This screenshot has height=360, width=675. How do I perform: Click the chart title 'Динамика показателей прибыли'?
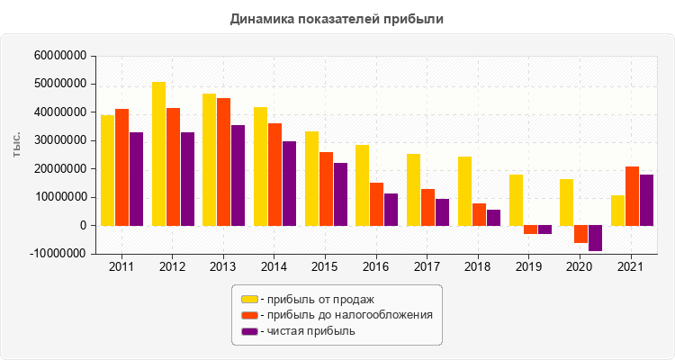(x=337, y=18)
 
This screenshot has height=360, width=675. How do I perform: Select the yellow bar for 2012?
(x=158, y=153)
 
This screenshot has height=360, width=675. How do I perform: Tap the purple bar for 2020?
(x=595, y=238)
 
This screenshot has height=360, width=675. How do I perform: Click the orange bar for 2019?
(x=530, y=229)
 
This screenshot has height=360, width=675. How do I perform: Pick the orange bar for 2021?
(x=632, y=195)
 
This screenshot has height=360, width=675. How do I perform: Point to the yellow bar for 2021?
(x=617, y=210)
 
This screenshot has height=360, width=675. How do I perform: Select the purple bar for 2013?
(x=238, y=175)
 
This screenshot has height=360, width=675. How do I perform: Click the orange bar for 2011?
(x=121, y=166)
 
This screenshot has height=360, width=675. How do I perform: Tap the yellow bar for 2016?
(x=362, y=184)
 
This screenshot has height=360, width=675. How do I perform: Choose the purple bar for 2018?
(x=493, y=217)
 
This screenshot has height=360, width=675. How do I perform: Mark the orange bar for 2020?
(x=580, y=234)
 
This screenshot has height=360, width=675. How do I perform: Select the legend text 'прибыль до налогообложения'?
(x=346, y=315)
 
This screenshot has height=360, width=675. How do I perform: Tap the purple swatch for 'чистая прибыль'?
(x=249, y=331)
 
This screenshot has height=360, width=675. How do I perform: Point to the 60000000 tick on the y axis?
(x=59, y=56)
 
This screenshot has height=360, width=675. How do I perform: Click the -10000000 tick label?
(x=58, y=254)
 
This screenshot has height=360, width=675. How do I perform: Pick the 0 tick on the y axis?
(x=82, y=226)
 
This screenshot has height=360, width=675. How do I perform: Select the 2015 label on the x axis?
(x=325, y=267)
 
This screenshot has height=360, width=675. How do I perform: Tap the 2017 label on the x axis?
(x=427, y=267)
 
